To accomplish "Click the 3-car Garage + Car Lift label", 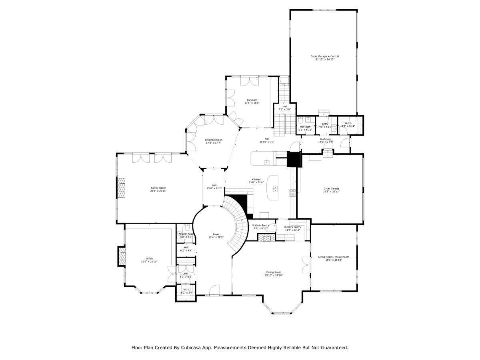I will coord(322,56).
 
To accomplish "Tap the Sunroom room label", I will coord(252,100).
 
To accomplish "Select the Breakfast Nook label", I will coord(214,140).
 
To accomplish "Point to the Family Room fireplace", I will coord(121,188).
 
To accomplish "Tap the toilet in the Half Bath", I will coord(300,120).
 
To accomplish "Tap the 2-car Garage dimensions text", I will coord(331,192).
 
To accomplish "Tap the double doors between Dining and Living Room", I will coord(306,264).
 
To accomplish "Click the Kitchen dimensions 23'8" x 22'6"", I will coord(256,182).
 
